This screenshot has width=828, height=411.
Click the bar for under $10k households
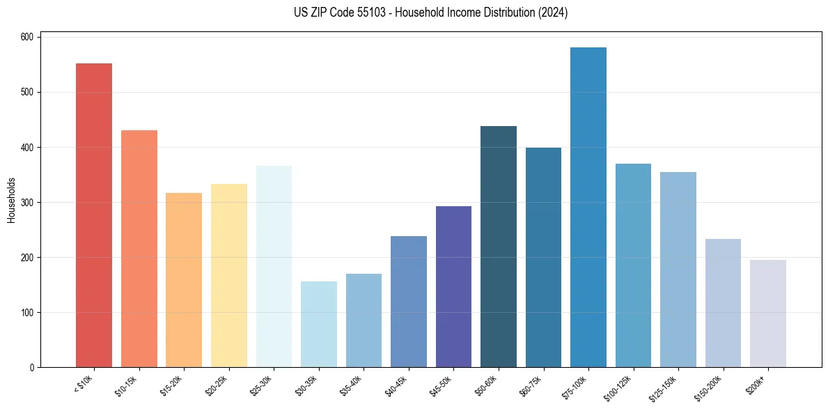94,215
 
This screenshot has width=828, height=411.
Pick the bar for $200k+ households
768,313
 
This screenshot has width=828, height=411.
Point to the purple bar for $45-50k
453,286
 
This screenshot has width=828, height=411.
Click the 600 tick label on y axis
26,37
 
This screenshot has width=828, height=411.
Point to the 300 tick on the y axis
26,203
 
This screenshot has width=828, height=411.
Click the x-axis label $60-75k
533,384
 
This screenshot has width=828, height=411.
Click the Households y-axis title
11,200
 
